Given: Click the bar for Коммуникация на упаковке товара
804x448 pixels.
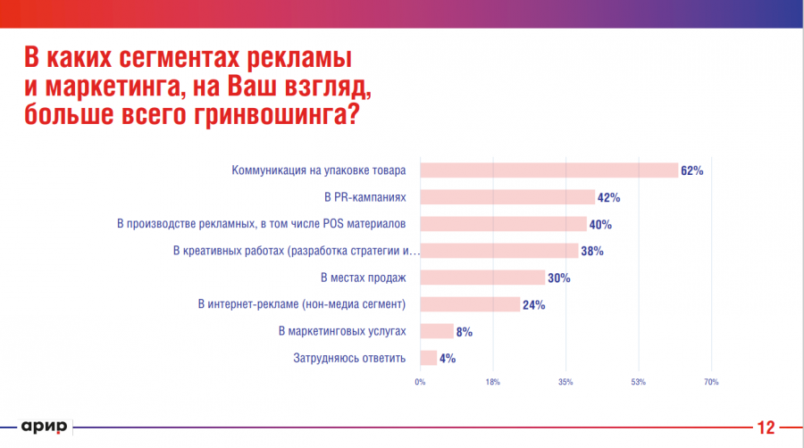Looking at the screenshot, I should click(549, 170).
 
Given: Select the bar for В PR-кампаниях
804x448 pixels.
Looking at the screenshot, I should click(507, 197).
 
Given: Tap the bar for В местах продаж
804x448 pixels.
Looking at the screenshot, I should click(482, 278).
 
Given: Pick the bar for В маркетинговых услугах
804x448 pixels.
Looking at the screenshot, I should click(436, 331).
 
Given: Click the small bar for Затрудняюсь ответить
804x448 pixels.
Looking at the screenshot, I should click(428, 358).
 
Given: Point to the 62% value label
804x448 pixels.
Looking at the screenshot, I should click(691, 170).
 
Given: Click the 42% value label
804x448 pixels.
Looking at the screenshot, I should click(608, 197).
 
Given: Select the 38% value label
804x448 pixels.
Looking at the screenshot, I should click(591, 251).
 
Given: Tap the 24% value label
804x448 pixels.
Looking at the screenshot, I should click(533, 304).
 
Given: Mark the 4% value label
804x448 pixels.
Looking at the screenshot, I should click(448, 358).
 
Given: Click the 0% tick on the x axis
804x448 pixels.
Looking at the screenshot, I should click(420, 383).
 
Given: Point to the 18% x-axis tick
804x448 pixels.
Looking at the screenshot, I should click(492, 383).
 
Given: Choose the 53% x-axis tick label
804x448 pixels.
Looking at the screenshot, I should click(638, 383).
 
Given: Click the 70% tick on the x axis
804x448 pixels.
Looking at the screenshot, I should click(710, 383).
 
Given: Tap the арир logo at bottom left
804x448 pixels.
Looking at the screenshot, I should click(44, 427).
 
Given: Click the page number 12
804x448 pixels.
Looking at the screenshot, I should click(766, 427).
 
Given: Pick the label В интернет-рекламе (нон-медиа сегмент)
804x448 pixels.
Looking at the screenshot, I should click(302, 304).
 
